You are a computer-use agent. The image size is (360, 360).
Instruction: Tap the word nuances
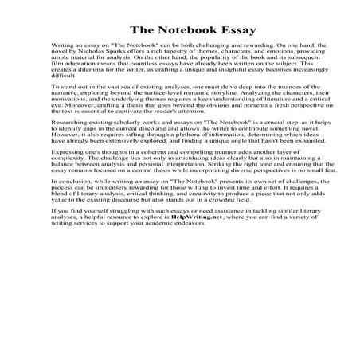272,105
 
